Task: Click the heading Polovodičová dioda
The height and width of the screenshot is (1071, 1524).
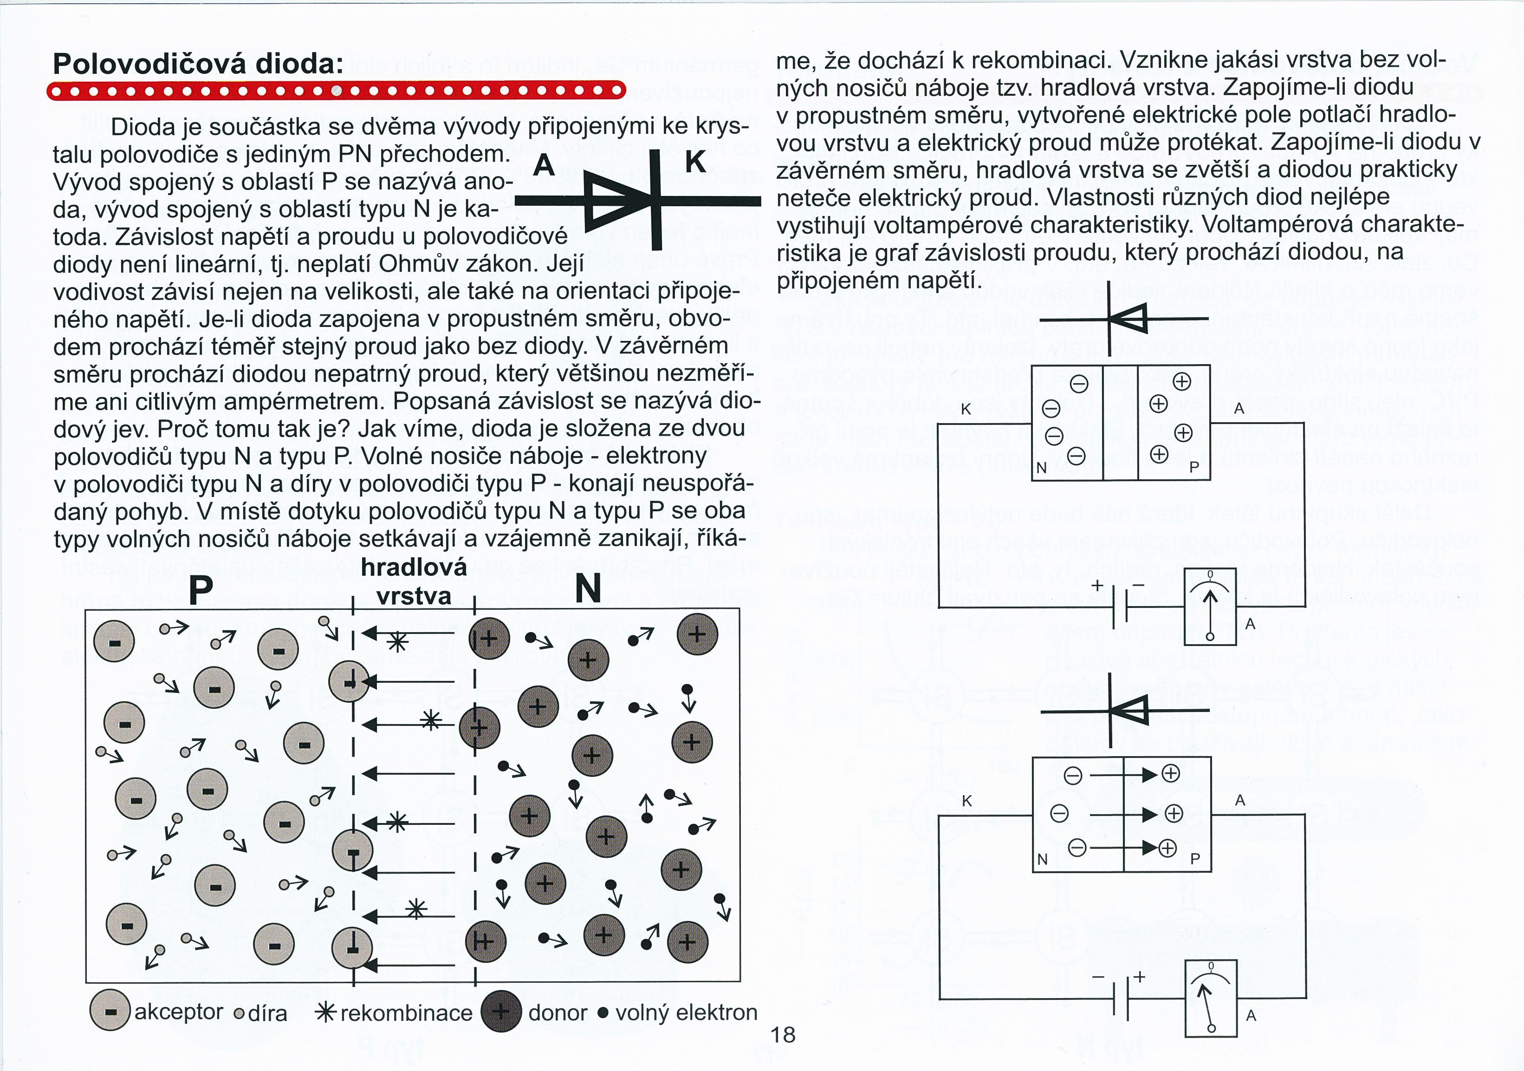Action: tap(198, 64)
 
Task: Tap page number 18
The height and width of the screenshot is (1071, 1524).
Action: tap(783, 1034)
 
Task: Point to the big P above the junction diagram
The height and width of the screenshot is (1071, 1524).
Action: tap(201, 588)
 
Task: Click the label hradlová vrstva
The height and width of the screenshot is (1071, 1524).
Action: tap(414, 581)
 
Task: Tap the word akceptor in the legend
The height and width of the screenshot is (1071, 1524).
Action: tap(179, 1012)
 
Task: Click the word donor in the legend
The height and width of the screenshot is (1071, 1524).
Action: tap(558, 1012)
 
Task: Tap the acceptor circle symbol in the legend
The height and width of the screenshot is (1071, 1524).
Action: tap(110, 1011)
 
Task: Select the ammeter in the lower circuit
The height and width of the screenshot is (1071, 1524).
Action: tap(1211, 998)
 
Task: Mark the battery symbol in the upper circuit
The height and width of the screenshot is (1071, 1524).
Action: tap(1120, 606)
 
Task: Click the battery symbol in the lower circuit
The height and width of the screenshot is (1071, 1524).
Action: tap(1120, 998)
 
